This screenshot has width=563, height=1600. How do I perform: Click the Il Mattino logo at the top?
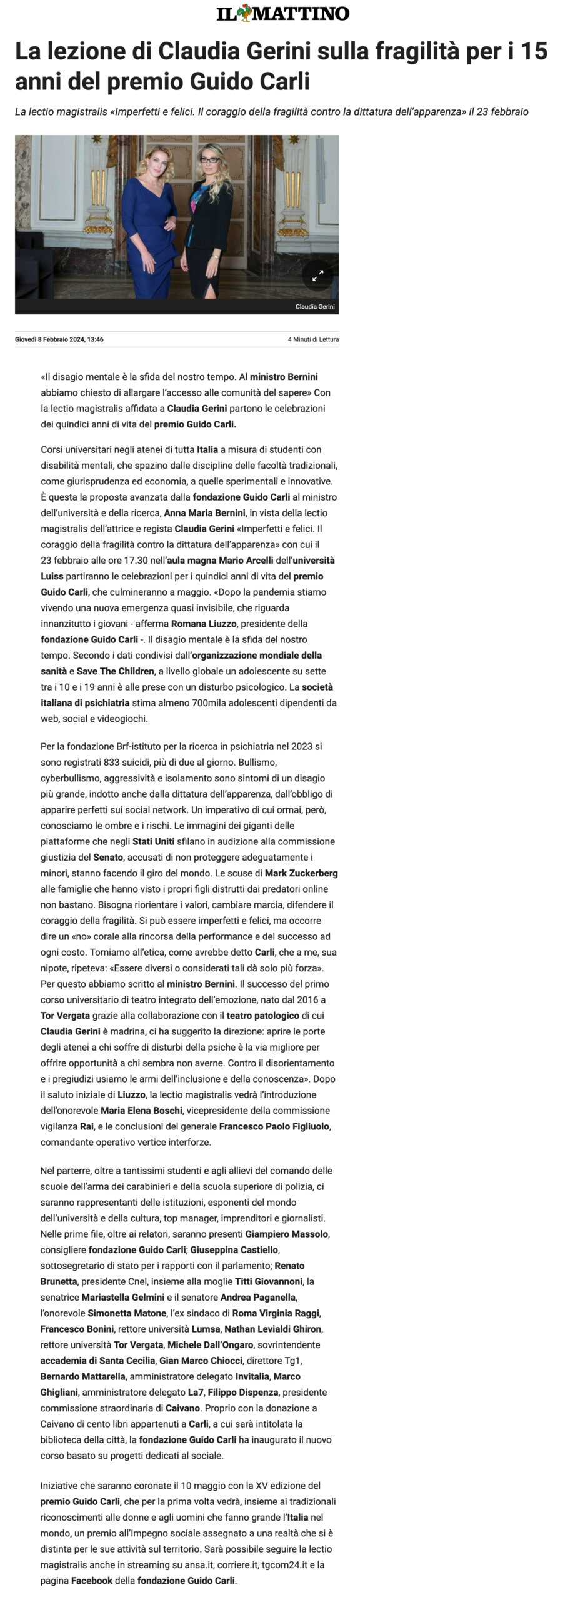click(282, 13)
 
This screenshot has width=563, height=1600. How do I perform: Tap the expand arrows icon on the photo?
click(317, 275)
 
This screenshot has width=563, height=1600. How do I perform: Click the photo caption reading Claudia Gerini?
click(315, 307)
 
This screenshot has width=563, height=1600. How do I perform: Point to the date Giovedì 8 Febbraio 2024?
click(59, 339)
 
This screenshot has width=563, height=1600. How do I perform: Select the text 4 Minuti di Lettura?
click(313, 339)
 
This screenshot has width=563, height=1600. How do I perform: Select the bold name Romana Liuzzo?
click(203, 624)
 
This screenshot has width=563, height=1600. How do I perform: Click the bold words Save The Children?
click(116, 671)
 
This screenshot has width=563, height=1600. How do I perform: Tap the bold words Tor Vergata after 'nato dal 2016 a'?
click(65, 1016)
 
